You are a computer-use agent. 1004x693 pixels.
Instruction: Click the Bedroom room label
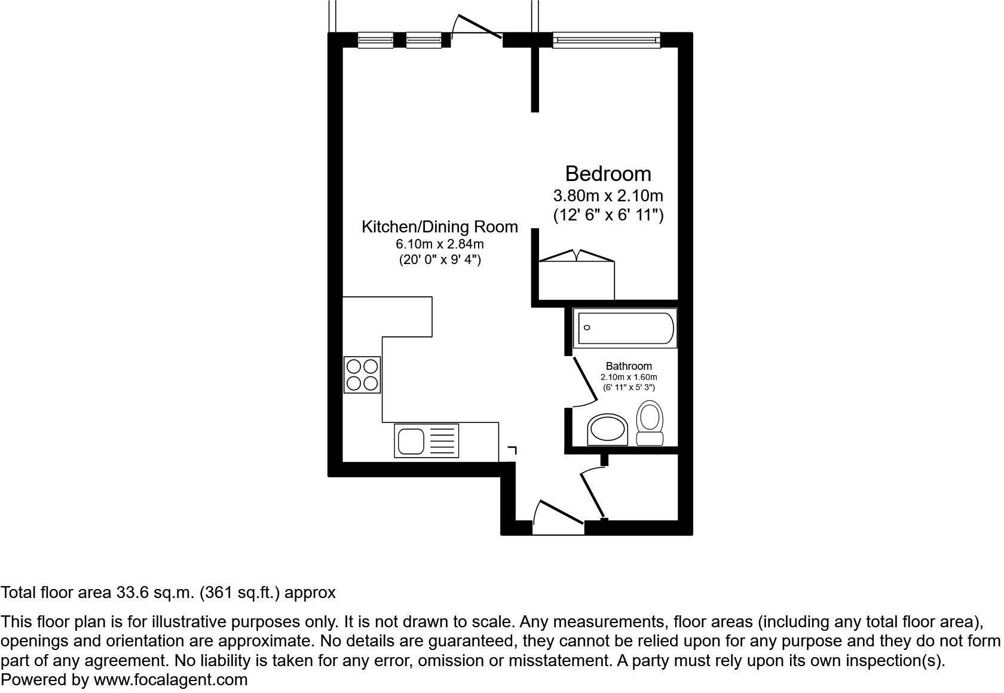click(x=608, y=174)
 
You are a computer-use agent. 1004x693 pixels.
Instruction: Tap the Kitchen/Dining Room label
click(x=439, y=227)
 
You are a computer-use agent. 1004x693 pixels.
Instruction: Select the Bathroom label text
click(x=629, y=366)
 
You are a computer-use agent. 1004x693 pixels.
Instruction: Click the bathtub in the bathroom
click(x=625, y=328)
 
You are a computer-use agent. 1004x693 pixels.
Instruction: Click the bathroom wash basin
click(x=608, y=430)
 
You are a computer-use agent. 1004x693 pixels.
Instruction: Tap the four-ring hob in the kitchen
click(x=362, y=375)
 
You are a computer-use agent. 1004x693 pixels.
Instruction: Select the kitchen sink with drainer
click(x=426, y=441)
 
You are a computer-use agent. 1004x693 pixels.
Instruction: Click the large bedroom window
click(x=607, y=40)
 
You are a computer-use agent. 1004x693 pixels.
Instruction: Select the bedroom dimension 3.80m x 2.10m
click(x=608, y=195)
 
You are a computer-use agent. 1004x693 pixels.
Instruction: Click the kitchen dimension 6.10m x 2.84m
click(x=439, y=244)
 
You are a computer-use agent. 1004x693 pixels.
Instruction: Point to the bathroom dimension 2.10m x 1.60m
click(x=629, y=378)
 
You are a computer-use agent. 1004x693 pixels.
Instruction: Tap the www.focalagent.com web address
click(x=170, y=680)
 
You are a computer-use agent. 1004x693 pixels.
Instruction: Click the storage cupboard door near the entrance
click(x=593, y=493)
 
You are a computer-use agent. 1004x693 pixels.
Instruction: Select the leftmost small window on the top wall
click(x=375, y=40)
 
